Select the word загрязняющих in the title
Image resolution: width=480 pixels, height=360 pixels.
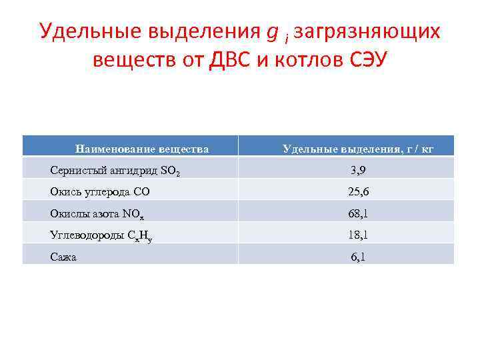point(367,31)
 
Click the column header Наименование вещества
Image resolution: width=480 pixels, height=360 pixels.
point(142,149)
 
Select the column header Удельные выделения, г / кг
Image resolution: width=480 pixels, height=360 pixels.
point(358,149)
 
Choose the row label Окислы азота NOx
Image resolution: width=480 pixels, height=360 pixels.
point(101,213)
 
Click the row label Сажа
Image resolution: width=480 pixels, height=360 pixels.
point(63,256)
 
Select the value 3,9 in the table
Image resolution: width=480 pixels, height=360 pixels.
point(358,171)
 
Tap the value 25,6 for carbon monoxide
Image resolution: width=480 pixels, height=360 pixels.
point(358,192)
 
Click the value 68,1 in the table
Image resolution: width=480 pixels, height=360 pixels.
point(358,213)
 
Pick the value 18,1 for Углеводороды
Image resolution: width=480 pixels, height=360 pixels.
point(358,235)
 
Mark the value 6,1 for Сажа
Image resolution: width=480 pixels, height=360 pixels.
point(358,256)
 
